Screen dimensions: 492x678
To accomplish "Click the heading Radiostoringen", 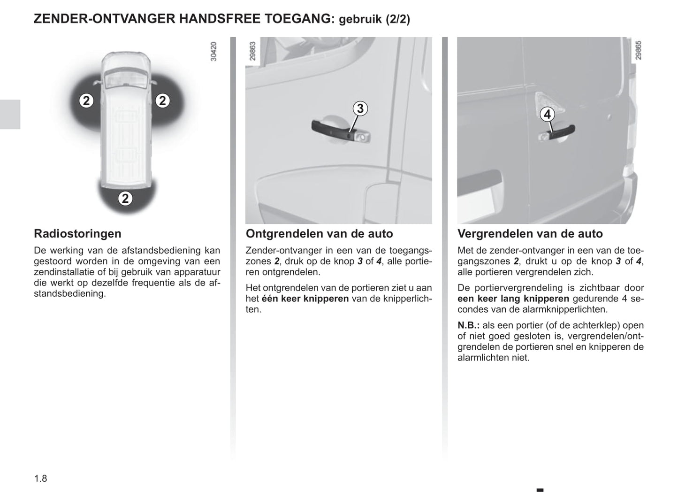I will pyautogui.click(x=77, y=234).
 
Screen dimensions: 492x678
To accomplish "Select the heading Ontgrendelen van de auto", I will pyautogui.click(x=319, y=234).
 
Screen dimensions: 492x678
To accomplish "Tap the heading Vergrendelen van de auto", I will pyautogui.click(x=530, y=234).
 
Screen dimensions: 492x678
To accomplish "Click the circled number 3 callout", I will pyautogui.click(x=360, y=109).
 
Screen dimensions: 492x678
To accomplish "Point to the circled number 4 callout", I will pyautogui.click(x=547, y=114).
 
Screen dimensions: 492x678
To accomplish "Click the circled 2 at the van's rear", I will pyautogui.click(x=125, y=199).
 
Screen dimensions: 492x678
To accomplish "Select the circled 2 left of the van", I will pyautogui.click(x=86, y=100).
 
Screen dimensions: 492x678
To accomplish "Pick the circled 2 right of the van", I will pyautogui.click(x=162, y=100).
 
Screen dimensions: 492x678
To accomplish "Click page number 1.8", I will pyautogui.click(x=40, y=478).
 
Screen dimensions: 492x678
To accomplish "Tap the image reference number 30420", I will pyautogui.click(x=214, y=52).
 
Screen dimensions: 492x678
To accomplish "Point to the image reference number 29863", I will pyautogui.click(x=253, y=52).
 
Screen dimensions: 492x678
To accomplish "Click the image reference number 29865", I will pyautogui.click(x=638, y=50).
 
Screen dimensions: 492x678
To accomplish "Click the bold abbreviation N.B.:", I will pyautogui.click(x=468, y=325).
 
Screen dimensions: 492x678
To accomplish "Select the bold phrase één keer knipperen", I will pyautogui.click(x=305, y=299).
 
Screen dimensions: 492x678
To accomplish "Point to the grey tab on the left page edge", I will pyautogui.click(x=10, y=114).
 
